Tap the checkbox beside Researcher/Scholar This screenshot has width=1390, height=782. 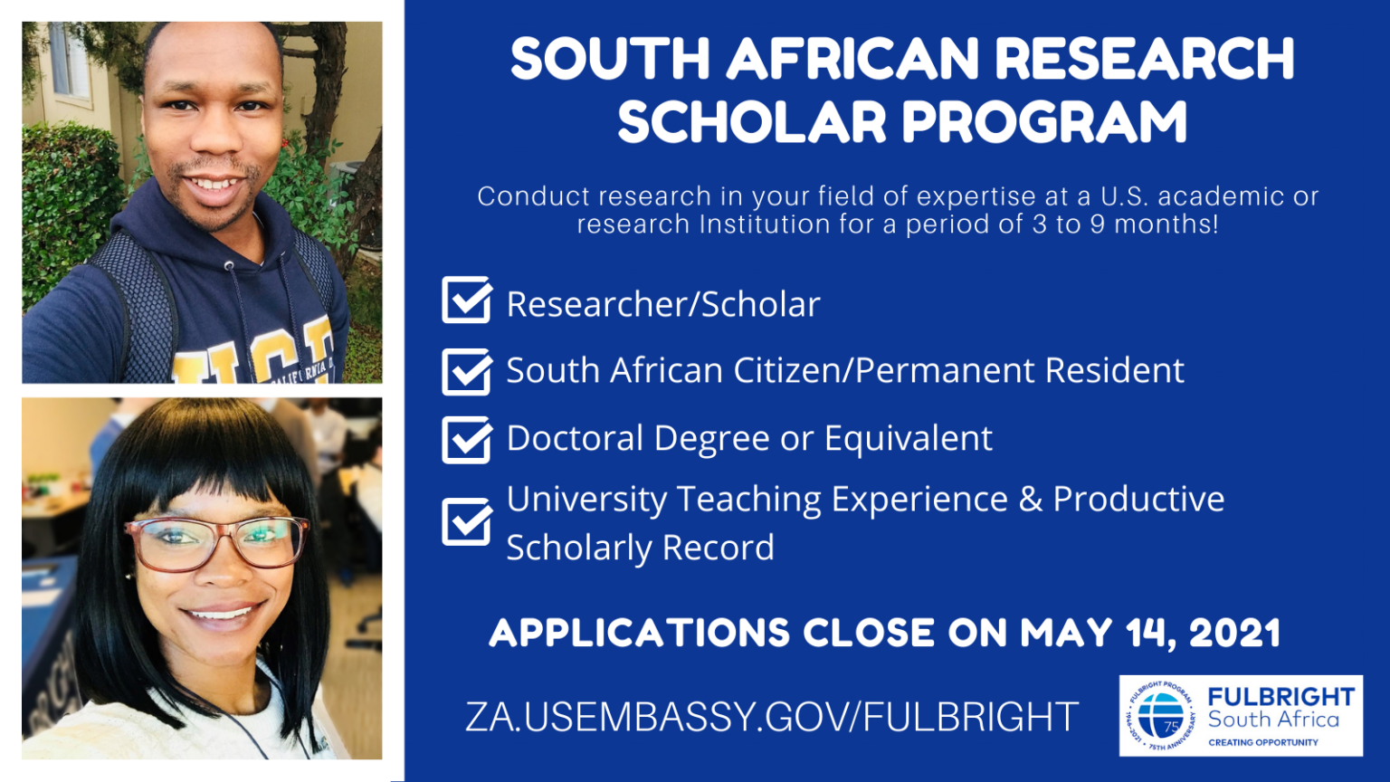467,300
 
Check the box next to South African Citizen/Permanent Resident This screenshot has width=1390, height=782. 467,372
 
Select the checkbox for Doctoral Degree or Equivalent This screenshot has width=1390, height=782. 467,440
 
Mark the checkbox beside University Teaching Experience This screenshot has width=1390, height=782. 467,522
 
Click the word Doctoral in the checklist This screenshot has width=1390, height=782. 575,438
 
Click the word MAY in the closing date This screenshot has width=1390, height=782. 1066,633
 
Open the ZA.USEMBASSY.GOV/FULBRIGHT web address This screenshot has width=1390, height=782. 771,717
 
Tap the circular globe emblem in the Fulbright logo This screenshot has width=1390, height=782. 1161,716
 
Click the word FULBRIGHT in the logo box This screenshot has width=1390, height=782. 1281,697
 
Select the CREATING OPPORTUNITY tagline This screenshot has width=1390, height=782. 1263,742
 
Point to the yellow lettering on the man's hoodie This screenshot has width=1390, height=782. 253,355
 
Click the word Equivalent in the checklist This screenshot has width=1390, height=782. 909,438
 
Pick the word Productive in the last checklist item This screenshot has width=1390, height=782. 1138,499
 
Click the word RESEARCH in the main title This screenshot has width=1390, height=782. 1144,58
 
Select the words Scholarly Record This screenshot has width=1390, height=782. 641,548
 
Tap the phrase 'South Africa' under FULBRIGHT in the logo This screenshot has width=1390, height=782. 1273,720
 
